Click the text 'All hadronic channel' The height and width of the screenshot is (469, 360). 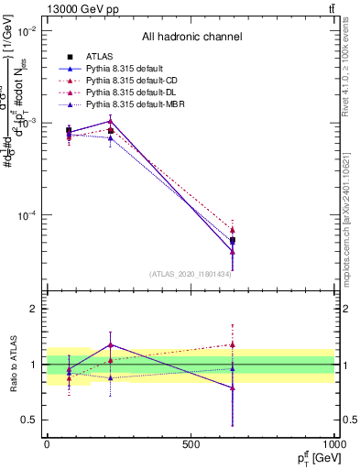[191, 38]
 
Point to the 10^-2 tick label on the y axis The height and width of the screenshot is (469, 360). [27, 31]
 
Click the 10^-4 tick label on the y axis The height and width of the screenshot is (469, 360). [27, 216]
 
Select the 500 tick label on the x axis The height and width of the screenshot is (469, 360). [191, 444]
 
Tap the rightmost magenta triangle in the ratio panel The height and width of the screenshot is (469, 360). [233, 345]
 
